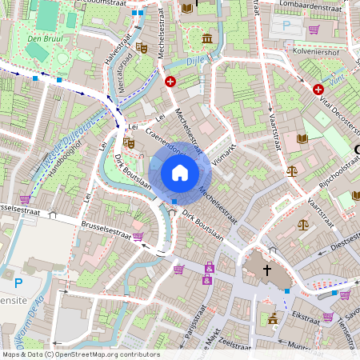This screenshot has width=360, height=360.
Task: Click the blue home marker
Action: (180, 173)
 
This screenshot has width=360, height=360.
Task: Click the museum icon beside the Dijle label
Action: (207, 38)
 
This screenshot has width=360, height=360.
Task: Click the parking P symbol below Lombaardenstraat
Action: (286, 26)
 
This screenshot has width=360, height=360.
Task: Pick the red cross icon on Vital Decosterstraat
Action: (318, 90)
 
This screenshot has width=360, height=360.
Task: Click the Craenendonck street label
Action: (160, 130)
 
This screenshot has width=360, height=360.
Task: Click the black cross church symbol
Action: (268, 271)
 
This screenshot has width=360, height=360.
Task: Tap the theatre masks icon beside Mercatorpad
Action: (142, 48)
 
